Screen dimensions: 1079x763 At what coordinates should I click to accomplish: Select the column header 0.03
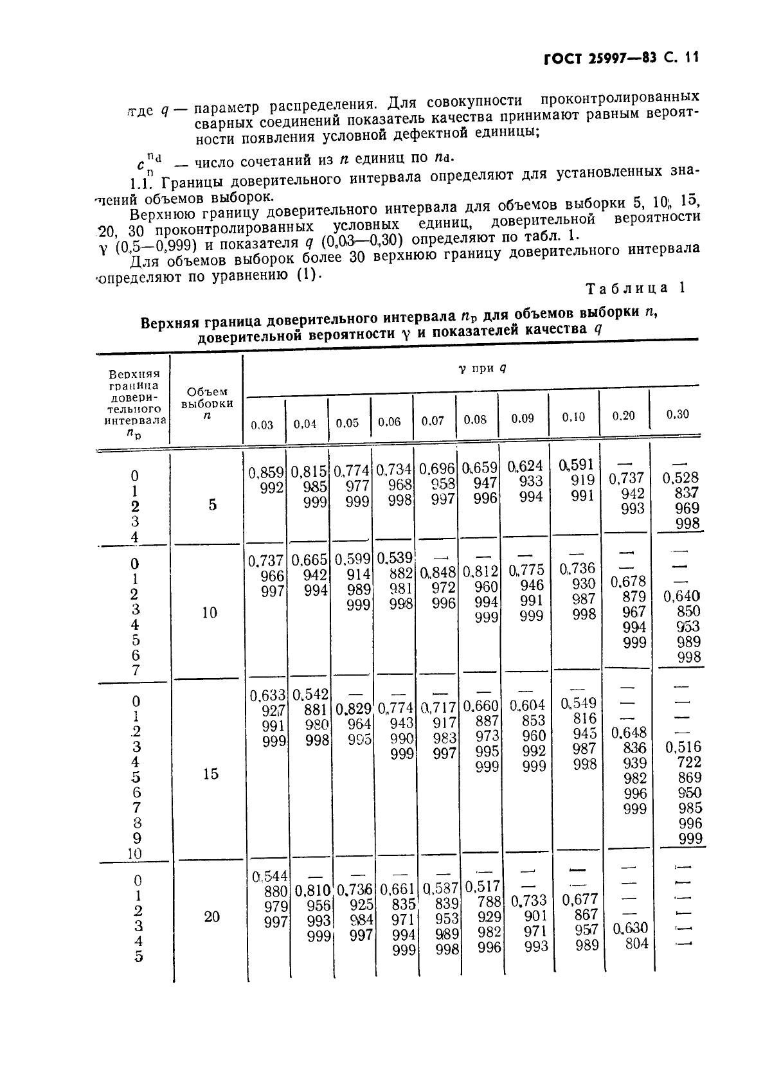click(x=262, y=425)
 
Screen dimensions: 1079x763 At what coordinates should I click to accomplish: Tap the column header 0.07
click(x=433, y=421)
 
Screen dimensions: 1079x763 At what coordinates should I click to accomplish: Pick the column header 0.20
click(x=623, y=416)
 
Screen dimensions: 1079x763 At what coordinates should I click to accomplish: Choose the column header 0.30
click(x=678, y=415)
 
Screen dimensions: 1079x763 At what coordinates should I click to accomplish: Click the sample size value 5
click(x=212, y=505)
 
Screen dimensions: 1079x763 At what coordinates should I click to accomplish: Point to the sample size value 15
click(x=210, y=774)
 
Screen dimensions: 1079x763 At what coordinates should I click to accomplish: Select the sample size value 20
click(x=211, y=917)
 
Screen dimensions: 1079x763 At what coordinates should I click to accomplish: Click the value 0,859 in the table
click(x=266, y=473)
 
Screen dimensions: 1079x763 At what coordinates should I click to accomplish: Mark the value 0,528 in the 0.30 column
click(x=681, y=478)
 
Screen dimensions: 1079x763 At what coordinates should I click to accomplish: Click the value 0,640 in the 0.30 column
click(x=682, y=596)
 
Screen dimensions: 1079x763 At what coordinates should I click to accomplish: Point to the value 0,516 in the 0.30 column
click(x=683, y=747)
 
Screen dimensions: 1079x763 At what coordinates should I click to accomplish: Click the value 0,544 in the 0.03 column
click(x=270, y=876)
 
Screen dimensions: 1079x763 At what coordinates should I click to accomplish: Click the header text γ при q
click(x=487, y=369)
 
